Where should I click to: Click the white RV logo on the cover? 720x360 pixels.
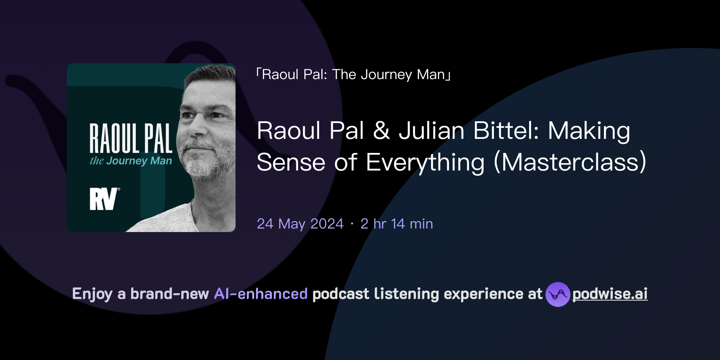(103, 199)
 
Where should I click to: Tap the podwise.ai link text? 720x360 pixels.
(610, 294)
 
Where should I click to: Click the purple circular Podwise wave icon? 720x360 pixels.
(558, 294)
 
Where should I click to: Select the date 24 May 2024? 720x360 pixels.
(300, 224)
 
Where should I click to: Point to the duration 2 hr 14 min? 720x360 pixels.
(397, 224)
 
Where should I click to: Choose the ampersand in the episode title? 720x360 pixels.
(381, 131)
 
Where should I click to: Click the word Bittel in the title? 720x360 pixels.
(506, 131)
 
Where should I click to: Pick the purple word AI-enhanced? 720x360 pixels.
(261, 294)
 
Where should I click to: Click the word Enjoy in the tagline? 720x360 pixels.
(92, 294)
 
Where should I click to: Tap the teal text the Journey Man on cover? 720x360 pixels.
(131, 161)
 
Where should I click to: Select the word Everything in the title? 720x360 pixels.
(425, 162)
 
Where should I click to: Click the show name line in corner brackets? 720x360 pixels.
(354, 75)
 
